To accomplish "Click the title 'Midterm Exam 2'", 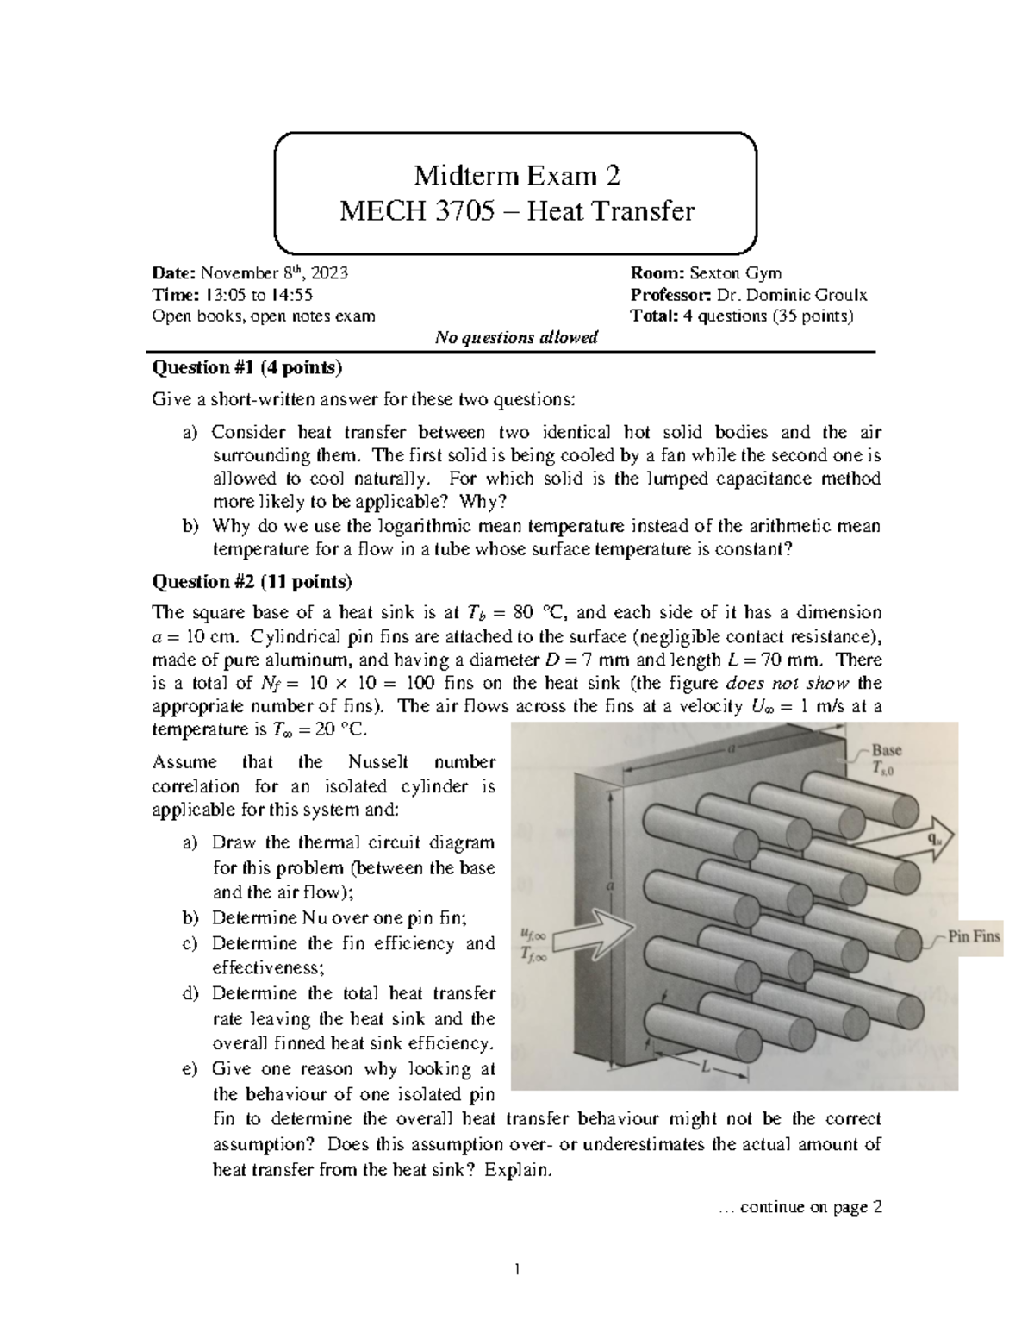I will click(x=516, y=176).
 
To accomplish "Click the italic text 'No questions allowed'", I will click(x=516, y=338).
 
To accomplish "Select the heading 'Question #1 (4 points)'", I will click(x=246, y=368).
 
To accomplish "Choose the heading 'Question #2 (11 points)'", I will click(x=252, y=582).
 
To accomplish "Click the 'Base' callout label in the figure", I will click(x=887, y=750).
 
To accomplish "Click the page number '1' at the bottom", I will click(x=516, y=1270).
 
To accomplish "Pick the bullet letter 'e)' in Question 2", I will click(x=190, y=1069).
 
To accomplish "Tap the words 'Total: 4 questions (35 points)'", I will click(x=742, y=316).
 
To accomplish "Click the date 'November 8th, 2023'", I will click(x=274, y=274).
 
